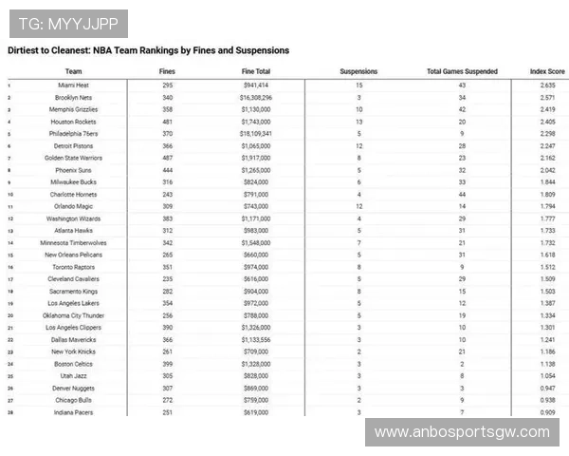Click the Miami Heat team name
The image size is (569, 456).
[x=73, y=85]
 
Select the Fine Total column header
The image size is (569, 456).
[x=255, y=71]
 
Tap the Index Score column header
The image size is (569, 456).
[x=547, y=71]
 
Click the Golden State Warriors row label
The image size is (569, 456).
[x=73, y=158]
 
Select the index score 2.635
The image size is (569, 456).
[x=546, y=85]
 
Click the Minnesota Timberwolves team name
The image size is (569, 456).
[x=73, y=242]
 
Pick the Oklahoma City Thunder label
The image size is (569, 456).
[x=73, y=314]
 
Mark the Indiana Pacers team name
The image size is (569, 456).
[x=73, y=412]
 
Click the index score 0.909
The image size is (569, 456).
[x=546, y=412]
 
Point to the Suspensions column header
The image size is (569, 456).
[x=358, y=71]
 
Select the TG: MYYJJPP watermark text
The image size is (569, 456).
[x=65, y=21]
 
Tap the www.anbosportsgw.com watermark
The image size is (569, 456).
[x=462, y=432]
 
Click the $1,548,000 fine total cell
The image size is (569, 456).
[x=255, y=242]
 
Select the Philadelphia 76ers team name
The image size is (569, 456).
[x=73, y=134]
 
